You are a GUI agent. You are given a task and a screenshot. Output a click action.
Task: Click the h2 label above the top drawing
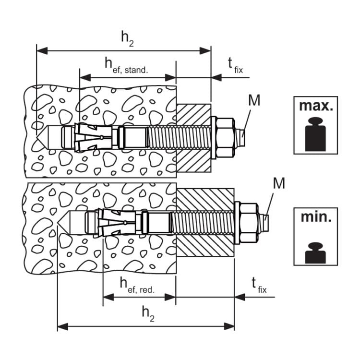tap(127, 39)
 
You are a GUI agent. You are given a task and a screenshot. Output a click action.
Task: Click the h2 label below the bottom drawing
tap(148, 314)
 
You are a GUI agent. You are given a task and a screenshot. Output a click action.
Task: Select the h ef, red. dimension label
tap(137, 285)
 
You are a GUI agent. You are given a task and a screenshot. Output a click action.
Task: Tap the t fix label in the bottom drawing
tap(259, 286)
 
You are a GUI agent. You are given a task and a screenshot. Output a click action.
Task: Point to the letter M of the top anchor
tap(254, 100)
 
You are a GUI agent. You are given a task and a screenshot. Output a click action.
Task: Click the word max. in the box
tap(316, 106)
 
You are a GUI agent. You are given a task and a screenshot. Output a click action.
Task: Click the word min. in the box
tap(316, 217)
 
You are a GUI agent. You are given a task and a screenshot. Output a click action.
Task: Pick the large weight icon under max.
tap(315, 134)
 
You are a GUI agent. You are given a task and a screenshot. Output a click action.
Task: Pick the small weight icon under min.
tap(315, 252)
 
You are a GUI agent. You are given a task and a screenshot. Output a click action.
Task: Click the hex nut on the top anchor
tap(226, 138)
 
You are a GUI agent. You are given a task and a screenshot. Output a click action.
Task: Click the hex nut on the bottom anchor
tap(249, 223)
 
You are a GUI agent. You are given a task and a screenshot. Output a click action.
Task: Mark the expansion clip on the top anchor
tap(93, 138)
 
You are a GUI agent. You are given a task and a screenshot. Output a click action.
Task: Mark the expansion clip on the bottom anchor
tap(117, 223)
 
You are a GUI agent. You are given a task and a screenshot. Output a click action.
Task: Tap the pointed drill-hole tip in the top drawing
tap(37, 138)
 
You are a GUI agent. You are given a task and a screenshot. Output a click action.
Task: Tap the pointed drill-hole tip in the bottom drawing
tap(58, 223)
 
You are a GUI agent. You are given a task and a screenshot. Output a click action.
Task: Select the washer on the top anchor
tap(214, 138)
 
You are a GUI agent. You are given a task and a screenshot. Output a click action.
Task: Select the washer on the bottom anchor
tap(237, 223)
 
